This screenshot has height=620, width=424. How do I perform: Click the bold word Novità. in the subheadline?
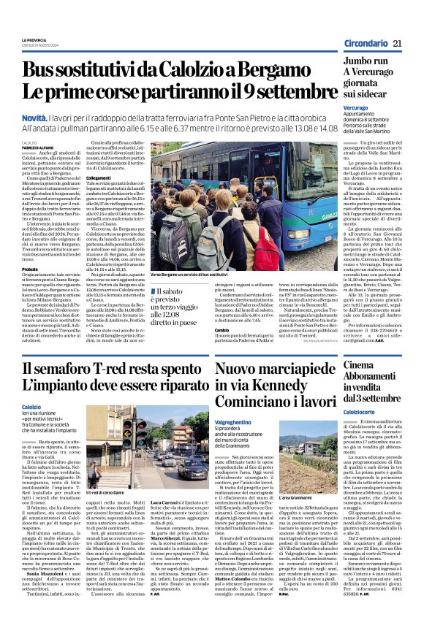tap(36, 117)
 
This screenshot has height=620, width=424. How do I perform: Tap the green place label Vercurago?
tap(355, 107)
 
